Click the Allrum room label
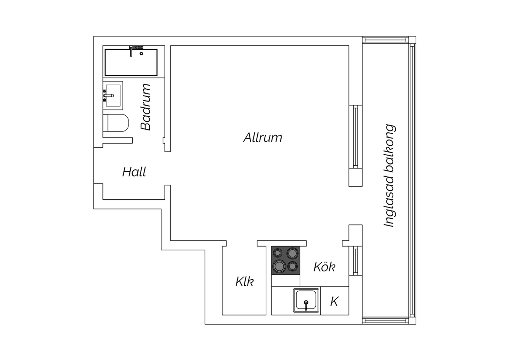[263, 137]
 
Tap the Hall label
[134, 172]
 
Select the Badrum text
[146, 107]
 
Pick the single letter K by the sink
[334, 301]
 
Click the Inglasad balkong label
[390, 175]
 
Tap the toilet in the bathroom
[116, 123]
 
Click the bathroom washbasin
[113, 95]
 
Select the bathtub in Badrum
[131, 62]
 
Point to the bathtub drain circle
[142, 54]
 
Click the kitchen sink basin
[306, 301]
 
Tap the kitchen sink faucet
[306, 305]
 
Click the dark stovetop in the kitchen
[286, 260]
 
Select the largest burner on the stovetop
[279, 266]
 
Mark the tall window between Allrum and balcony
[356, 137]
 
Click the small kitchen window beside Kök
[356, 261]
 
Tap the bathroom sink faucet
[108, 95]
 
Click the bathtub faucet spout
[131, 51]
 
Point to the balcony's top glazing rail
[385, 40]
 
